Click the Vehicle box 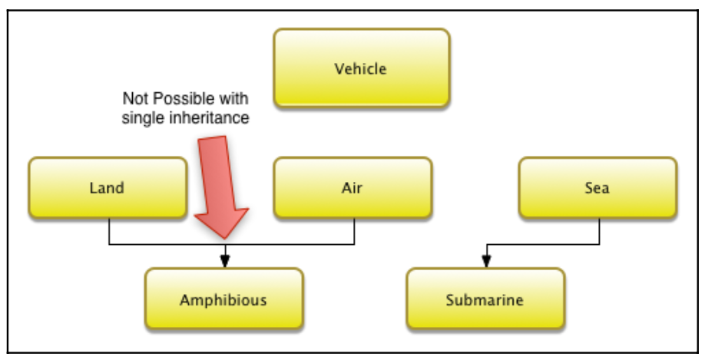pos(361,68)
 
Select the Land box pos(108,188)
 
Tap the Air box pos(352,188)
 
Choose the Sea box pos(597,188)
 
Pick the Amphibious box pos(223,299)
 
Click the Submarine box pos(485,299)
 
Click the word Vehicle pos(361,69)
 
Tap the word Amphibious pos(223,299)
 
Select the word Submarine pos(485,299)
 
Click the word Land pos(107,188)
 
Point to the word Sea pos(597,188)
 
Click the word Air pos(352,188)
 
